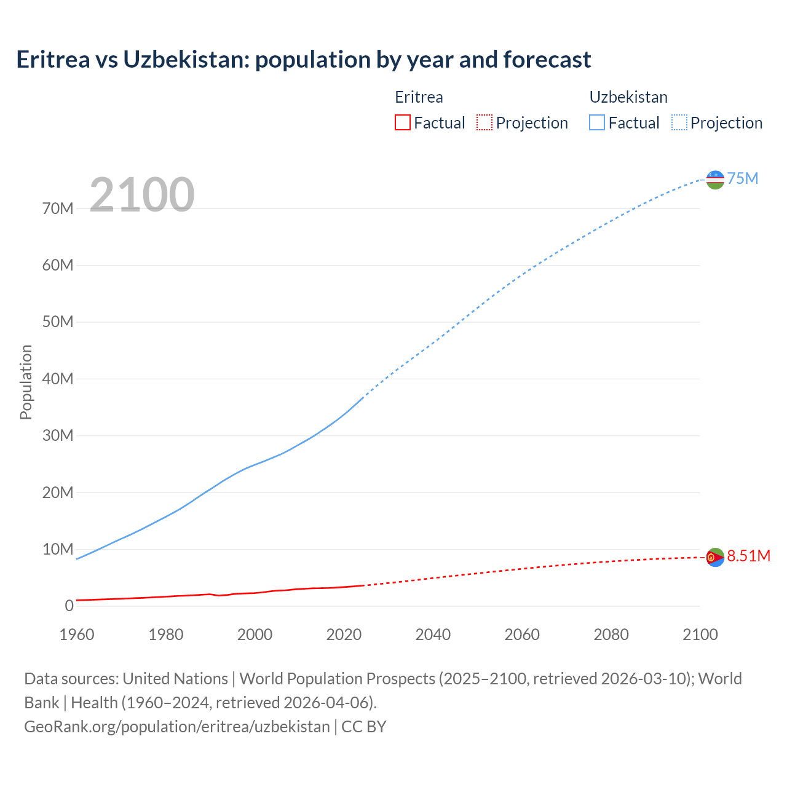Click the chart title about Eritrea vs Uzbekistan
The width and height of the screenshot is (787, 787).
304,60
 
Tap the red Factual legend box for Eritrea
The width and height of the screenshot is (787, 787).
402,122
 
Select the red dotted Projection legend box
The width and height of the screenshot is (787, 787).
484,122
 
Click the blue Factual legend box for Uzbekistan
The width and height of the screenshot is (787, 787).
597,122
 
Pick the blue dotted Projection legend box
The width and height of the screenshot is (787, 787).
679,122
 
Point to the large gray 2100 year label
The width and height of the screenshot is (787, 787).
142,195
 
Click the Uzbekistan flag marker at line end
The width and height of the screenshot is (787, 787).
715,180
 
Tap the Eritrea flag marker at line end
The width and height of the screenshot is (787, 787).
715,557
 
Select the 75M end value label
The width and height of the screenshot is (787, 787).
743,178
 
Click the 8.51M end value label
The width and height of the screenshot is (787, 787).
748,556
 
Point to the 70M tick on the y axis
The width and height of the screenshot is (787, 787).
58,208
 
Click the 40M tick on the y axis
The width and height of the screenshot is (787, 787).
58,379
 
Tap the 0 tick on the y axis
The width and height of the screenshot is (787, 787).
69,606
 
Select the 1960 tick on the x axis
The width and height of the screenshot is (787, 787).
77,635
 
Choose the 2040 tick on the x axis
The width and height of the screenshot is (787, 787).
433,635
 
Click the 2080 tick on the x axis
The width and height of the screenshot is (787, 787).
611,635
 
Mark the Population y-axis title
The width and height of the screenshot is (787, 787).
26,382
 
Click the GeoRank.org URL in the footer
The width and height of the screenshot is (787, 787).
177,727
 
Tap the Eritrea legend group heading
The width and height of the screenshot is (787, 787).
419,97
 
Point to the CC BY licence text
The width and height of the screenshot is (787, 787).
364,727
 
